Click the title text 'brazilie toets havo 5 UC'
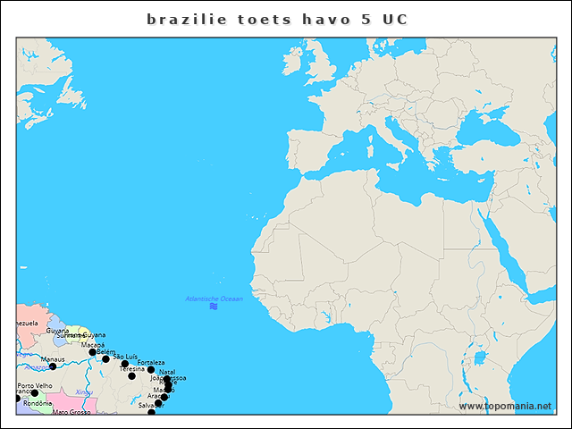click(277, 19)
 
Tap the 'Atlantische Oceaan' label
click(214, 299)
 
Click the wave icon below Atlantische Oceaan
click(214, 307)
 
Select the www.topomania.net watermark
click(505, 407)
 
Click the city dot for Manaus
click(53, 366)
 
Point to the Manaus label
click(53, 359)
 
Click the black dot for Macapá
click(92, 352)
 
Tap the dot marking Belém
click(105, 359)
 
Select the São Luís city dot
click(125, 364)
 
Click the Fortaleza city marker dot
click(151, 370)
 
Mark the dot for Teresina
click(131, 376)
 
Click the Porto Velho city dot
click(35, 393)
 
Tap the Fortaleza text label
click(150, 363)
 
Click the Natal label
click(167, 372)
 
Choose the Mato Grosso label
click(71, 413)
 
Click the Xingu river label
click(84, 392)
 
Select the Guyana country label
click(57, 331)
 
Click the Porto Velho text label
click(34, 386)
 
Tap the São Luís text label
click(125, 356)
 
